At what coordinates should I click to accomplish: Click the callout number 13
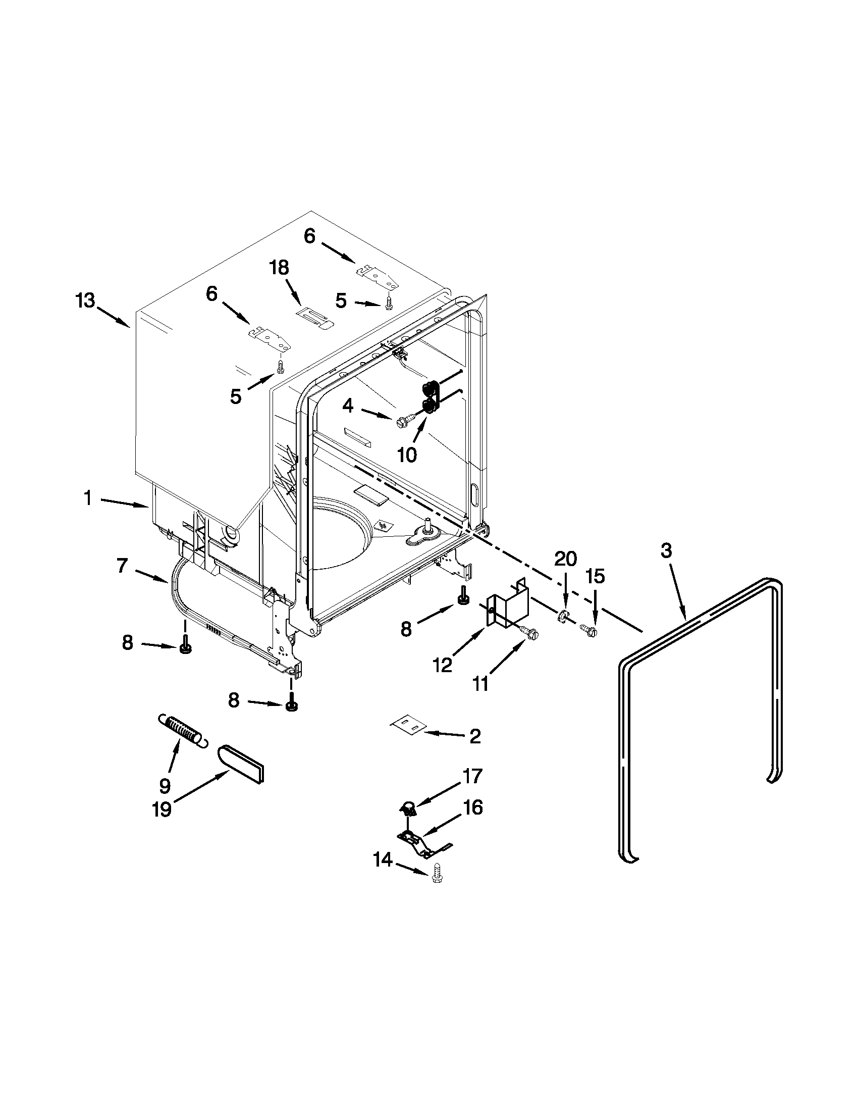(x=85, y=300)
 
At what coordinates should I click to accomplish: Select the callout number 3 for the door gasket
(x=666, y=551)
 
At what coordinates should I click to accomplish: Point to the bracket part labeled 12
(x=507, y=605)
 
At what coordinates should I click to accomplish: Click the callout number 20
(x=565, y=559)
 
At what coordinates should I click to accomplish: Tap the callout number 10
(x=407, y=455)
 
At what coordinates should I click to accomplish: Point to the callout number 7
(x=122, y=565)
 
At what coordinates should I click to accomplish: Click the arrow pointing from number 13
(x=113, y=316)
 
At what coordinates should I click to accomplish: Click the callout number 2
(x=475, y=737)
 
